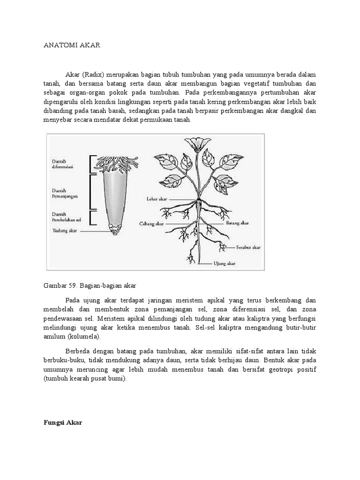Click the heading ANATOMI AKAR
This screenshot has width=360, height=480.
click(x=72, y=45)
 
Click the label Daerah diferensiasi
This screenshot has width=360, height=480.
click(x=65, y=164)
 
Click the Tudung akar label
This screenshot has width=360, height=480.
click(x=65, y=231)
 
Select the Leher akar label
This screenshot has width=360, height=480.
click(x=156, y=199)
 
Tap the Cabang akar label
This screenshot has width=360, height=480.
click(x=151, y=224)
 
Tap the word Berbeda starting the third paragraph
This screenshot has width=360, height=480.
click(x=80, y=351)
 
